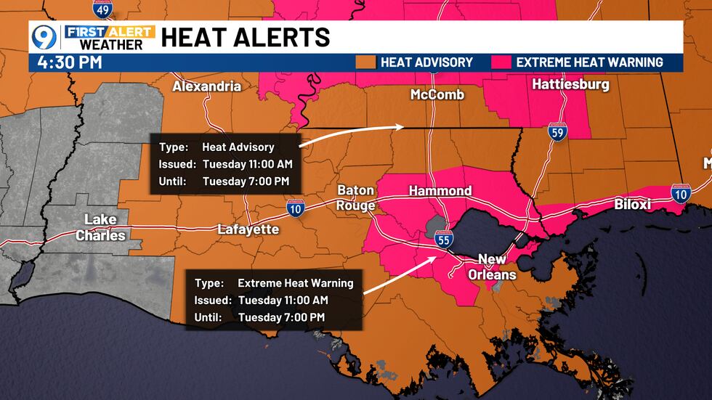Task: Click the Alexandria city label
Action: pos(206,86)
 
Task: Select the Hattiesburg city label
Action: pos(570,84)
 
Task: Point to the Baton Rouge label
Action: pos(356,197)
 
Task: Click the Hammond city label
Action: pos(440,191)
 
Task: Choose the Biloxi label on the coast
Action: pos(633,205)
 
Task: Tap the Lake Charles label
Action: pos(100,227)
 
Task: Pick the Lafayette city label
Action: pos(248,229)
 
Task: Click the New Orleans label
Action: pos(497,266)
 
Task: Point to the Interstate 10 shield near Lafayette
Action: pos(294,208)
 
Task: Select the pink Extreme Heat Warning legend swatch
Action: pos(501,62)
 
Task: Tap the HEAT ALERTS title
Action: pos(246,36)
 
